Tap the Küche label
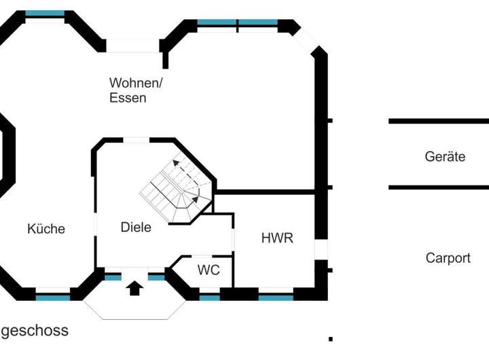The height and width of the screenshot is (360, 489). coord(46,229)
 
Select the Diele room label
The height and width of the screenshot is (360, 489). coord(136,228)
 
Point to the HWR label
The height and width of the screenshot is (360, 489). coord(277,238)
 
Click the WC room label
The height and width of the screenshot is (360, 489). coord(209,270)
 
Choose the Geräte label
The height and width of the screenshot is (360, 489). coord(445,157)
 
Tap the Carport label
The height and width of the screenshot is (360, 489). coord(448,258)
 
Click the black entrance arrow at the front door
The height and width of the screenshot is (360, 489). coord(134,288)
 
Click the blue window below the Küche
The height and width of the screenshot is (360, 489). coord(52,298)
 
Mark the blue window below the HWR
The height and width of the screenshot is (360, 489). coord(276,298)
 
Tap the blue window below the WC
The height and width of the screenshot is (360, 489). coord(210,298)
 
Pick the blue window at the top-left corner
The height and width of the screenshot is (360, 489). coord(45,14)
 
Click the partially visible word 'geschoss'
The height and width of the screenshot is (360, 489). coord(34,331)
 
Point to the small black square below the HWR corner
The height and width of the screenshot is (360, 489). coord(330,338)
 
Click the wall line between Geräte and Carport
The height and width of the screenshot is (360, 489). coord(438,187)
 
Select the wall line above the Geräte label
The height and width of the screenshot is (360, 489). coord(438,121)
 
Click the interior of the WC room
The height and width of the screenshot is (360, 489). coord(204,278)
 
